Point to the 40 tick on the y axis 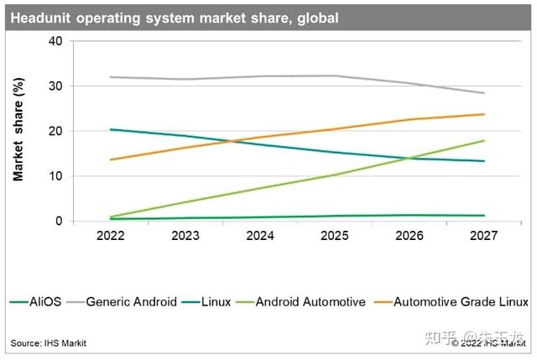55,41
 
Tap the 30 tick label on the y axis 55,86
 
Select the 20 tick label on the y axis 55,132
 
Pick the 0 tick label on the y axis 59,222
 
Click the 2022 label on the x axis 110,237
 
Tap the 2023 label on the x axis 185,237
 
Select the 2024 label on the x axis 259,237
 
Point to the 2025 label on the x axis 334,237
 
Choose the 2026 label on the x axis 409,237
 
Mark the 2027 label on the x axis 483,237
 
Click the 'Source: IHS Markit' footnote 48,343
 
